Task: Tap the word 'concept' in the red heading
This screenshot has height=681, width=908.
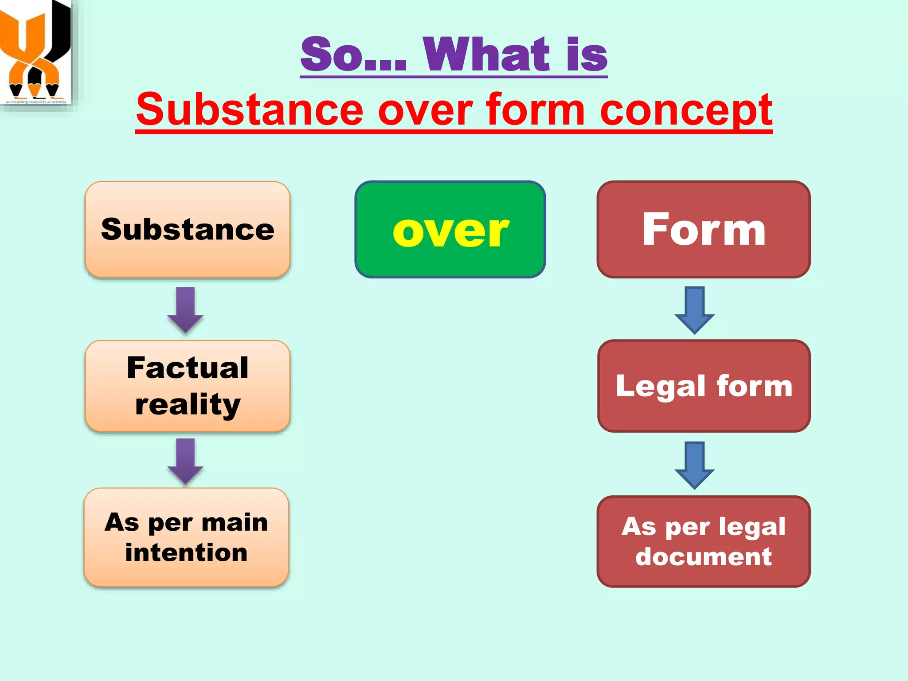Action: [x=686, y=110]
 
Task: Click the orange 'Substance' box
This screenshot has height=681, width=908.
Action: [x=188, y=229]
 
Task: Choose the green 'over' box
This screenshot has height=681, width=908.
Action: [x=450, y=230]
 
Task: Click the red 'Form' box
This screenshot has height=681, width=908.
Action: [x=704, y=229]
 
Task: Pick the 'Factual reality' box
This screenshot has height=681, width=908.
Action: [x=188, y=386]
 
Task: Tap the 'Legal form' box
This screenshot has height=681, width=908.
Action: [x=704, y=386]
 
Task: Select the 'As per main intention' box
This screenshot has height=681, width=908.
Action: [x=186, y=537]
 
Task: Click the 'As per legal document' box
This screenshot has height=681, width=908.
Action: [x=704, y=541]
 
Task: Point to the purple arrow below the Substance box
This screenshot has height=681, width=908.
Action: [x=185, y=310]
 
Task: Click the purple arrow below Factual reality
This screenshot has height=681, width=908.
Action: [x=185, y=461]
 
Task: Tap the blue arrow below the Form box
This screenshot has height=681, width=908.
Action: [x=694, y=310]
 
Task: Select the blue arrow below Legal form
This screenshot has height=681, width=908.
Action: [x=694, y=465]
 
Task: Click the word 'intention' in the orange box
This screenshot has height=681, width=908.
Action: [x=186, y=553]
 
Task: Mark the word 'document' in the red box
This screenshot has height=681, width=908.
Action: [x=704, y=556]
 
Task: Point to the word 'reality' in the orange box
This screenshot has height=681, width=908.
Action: [x=188, y=404]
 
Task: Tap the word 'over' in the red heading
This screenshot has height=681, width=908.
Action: [x=425, y=110]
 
